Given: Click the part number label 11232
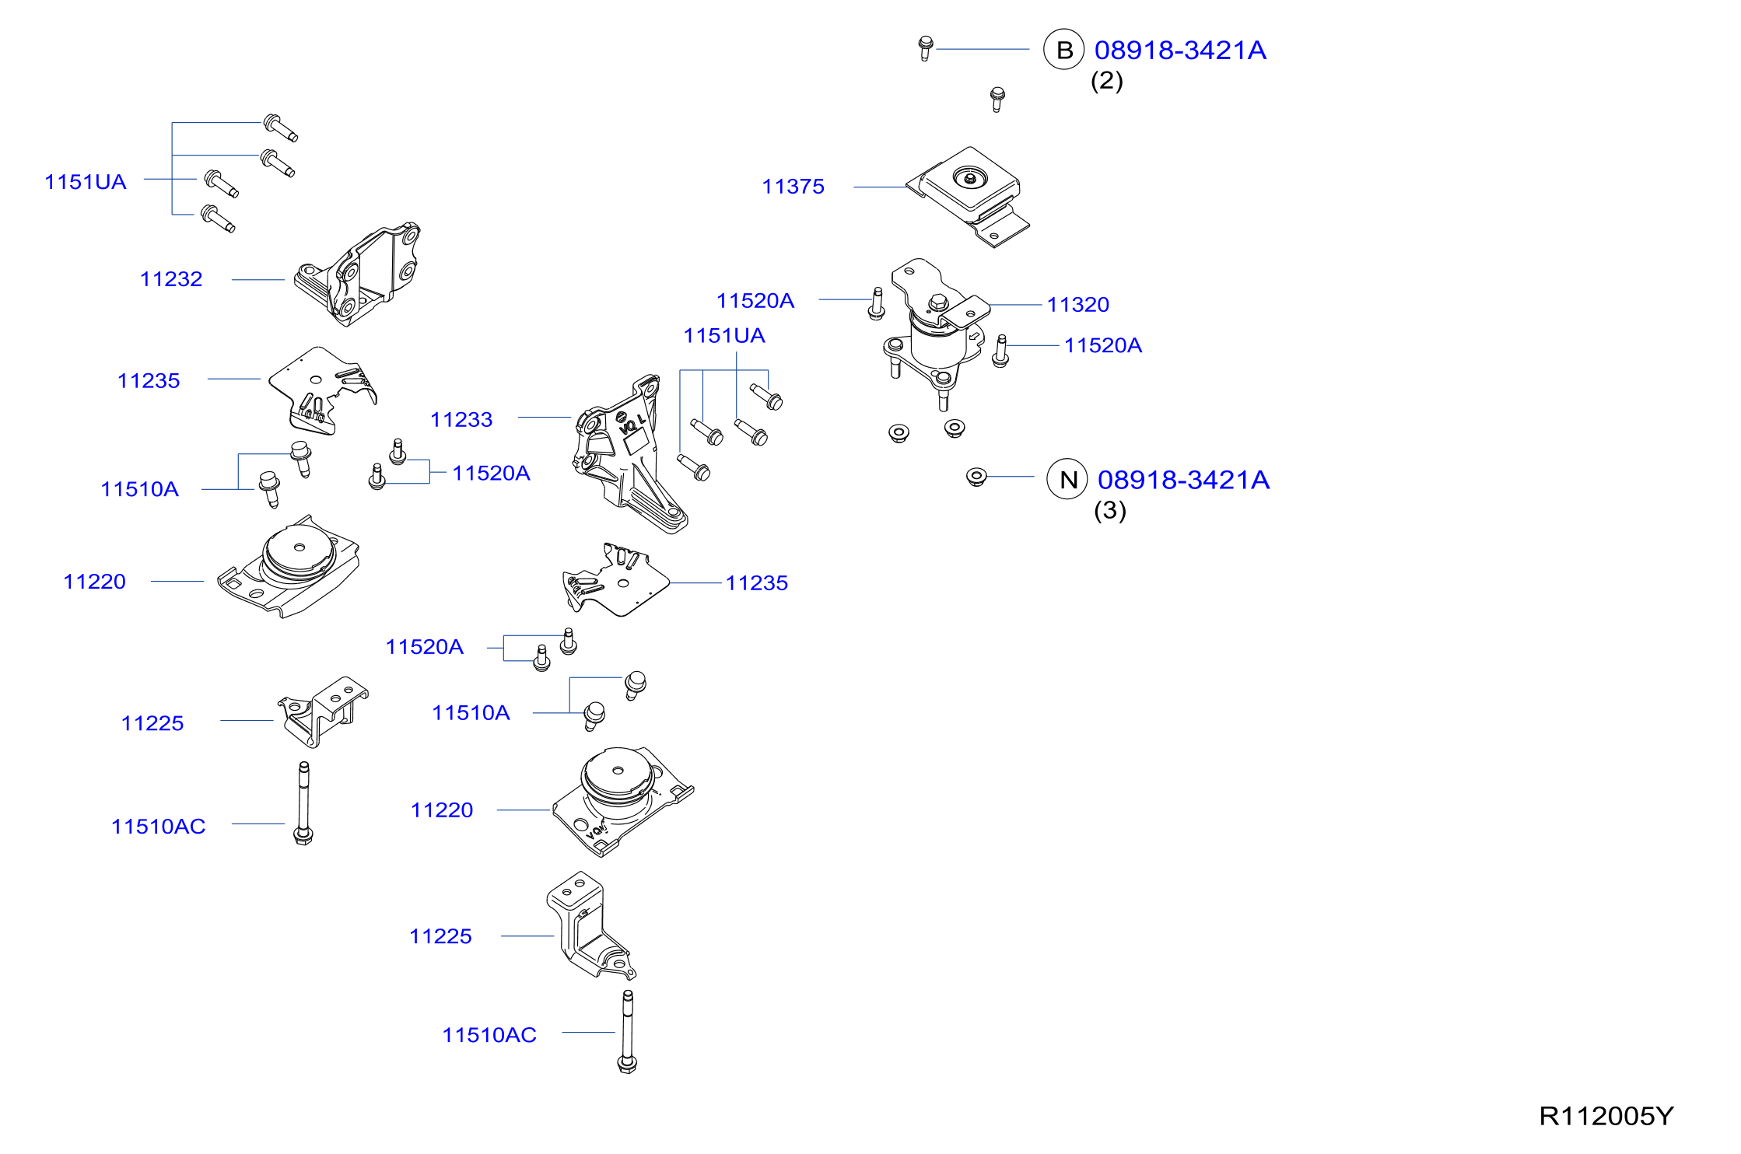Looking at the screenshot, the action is click(171, 279).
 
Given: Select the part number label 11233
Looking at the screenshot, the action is click(461, 420).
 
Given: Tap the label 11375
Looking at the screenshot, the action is click(793, 187).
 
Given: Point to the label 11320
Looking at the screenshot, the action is click(1077, 305).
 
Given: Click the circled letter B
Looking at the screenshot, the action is click(1063, 50).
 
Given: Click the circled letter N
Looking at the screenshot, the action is click(1067, 479).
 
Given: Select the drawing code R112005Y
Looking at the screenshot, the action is click(1606, 1116).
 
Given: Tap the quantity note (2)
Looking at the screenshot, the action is click(1106, 81).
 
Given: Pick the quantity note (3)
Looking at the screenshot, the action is click(1110, 511).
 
